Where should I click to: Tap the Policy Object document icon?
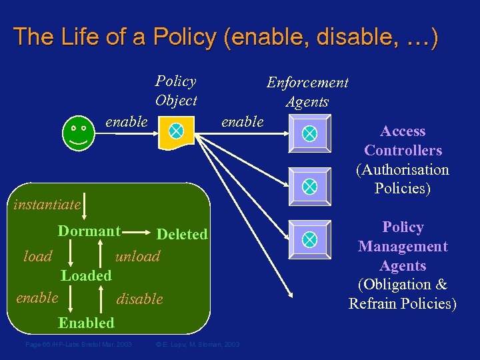(x=175, y=132)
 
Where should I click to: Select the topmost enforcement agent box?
(x=309, y=133)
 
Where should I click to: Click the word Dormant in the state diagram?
(x=89, y=231)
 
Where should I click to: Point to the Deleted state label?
(x=182, y=234)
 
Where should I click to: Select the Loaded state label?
(x=86, y=275)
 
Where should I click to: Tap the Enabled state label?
(x=86, y=323)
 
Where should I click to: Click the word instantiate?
(x=47, y=204)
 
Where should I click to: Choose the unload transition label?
(x=138, y=256)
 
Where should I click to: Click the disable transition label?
(x=140, y=299)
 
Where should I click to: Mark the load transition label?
(x=38, y=256)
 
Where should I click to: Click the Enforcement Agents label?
(x=307, y=92)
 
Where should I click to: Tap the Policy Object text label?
(x=176, y=91)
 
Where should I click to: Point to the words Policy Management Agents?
(x=403, y=246)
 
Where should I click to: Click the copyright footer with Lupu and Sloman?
(x=197, y=344)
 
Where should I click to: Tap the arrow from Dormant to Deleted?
(x=137, y=233)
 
